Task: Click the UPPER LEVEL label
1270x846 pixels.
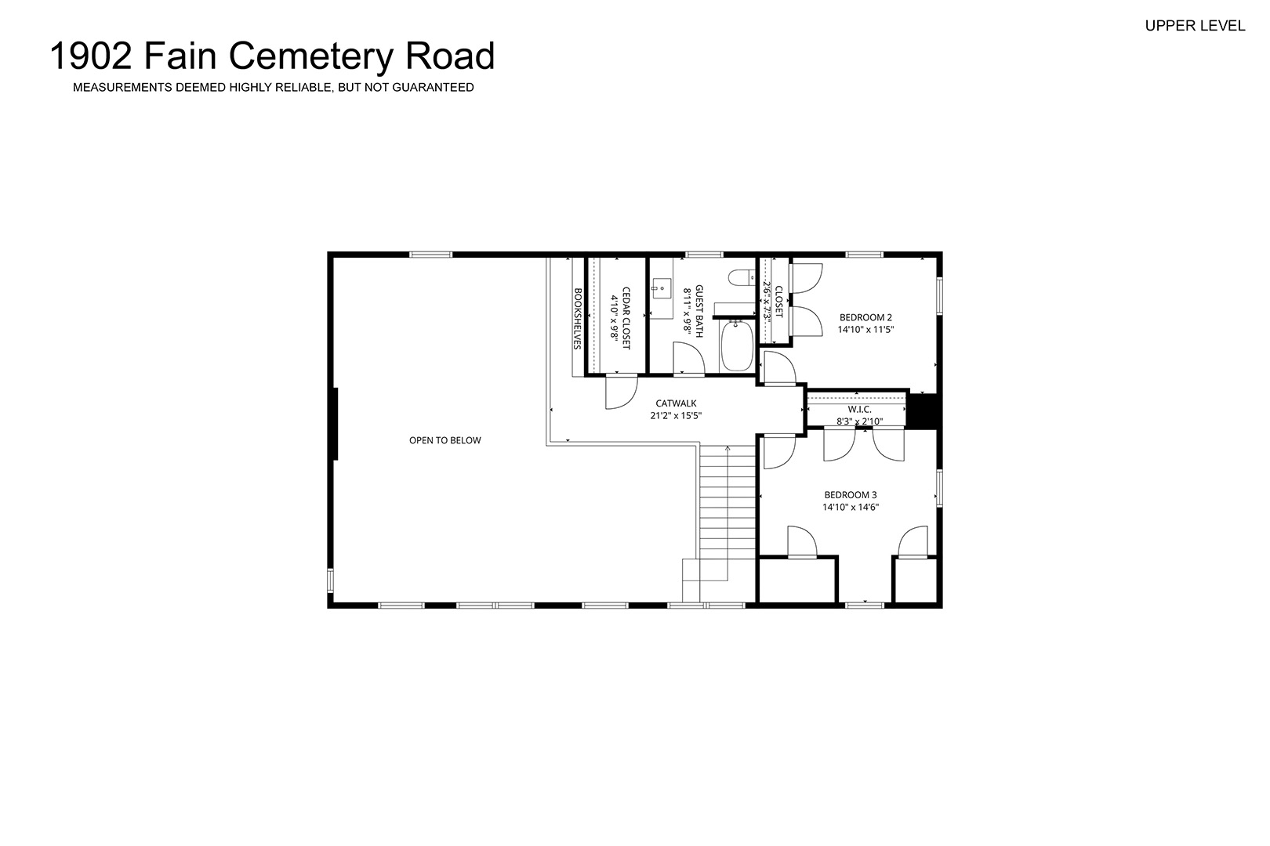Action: (x=1195, y=26)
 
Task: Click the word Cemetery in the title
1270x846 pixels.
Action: (x=310, y=56)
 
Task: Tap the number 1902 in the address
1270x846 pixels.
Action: (x=91, y=56)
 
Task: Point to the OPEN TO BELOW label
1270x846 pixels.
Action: (x=445, y=440)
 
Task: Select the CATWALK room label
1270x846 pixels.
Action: (x=676, y=403)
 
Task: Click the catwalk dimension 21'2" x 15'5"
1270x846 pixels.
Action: (x=676, y=415)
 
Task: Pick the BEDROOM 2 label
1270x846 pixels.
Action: (x=865, y=317)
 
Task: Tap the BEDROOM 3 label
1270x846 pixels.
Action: (x=851, y=495)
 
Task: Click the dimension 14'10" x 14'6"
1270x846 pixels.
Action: (x=851, y=507)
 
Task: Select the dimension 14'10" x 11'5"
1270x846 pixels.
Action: (x=865, y=329)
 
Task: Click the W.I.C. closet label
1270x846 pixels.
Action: (x=859, y=409)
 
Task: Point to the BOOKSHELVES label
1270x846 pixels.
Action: (x=578, y=319)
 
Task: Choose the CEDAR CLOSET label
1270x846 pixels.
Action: (x=626, y=318)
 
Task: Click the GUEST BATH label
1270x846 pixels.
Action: (x=698, y=311)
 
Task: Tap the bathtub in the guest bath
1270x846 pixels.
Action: (x=736, y=346)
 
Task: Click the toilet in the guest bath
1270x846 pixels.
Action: (x=742, y=277)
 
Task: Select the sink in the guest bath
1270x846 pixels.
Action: (x=661, y=287)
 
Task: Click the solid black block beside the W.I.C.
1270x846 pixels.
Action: (x=922, y=411)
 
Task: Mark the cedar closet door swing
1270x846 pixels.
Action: (x=622, y=392)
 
